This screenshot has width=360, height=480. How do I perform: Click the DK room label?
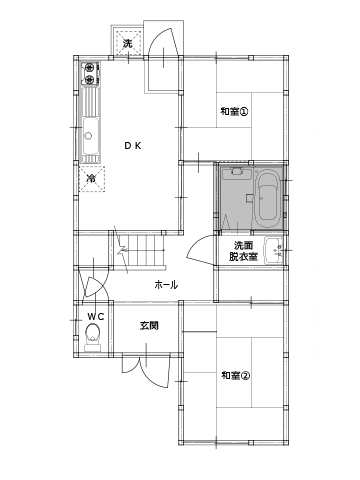click(x=133, y=146)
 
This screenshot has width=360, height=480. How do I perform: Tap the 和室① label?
click(x=235, y=111)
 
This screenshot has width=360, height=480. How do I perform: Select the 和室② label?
click(x=235, y=376)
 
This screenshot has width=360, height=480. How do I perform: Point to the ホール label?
click(x=166, y=285)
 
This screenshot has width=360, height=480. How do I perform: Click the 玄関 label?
click(x=149, y=325)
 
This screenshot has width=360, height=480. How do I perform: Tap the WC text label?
click(x=96, y=316)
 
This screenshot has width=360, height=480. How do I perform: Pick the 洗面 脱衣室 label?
click(x=243, y=251)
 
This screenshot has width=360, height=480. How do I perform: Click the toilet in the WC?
click(x=93, y=338)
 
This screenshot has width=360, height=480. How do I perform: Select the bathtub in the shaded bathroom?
click(x=268, y=199)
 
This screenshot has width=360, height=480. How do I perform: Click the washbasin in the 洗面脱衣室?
click(x=274, y=250)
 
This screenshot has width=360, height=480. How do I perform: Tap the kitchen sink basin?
click(x=90, y=135)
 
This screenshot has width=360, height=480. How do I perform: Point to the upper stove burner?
click(x=90, y=68)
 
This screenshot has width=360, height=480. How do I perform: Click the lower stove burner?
click(x=90, y=79)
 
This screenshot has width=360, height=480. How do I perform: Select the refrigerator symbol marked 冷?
click(x=92, y=179)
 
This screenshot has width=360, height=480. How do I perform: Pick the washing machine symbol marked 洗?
click(x=128, y=42)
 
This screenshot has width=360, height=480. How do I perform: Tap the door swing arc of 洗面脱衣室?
click(x=197, y=248)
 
